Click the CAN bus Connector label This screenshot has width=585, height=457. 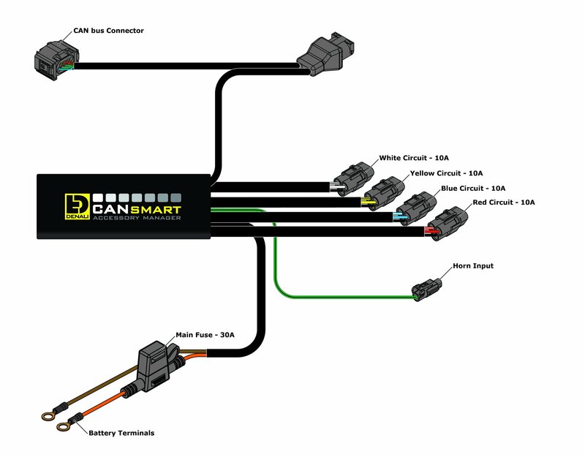coord(108,31)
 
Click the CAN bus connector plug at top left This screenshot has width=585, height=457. coord(55,58)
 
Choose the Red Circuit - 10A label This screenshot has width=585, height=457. coord(505,202)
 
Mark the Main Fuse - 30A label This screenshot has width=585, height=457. coord(205,336)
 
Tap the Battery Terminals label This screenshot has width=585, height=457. coord(121,433)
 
